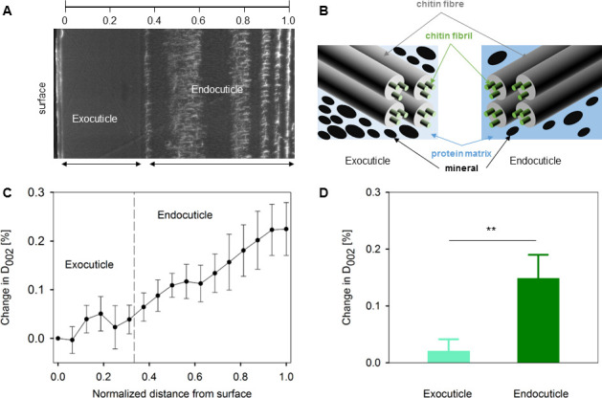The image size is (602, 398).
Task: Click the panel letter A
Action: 8,11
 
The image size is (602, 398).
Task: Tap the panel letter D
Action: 323,192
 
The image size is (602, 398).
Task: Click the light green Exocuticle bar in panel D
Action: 449,357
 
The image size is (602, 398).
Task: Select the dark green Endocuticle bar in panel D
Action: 538,321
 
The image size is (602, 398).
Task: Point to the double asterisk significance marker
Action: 491,230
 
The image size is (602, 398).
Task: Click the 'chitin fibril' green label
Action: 449,35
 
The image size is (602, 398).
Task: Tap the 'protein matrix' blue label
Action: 461,154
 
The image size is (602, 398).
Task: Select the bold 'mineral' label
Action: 461,168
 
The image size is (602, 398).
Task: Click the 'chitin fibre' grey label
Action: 440,4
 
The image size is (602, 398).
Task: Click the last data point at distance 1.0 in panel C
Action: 286,229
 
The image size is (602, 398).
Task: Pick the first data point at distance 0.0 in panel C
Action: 58,338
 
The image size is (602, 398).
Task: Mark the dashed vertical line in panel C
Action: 134,277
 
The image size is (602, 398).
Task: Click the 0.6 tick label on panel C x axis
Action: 195,377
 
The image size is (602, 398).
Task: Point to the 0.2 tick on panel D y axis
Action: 372,249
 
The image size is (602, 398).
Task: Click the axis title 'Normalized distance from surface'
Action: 172,393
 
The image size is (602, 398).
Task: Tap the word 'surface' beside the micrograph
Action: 42,99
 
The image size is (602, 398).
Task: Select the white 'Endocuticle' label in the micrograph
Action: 217,89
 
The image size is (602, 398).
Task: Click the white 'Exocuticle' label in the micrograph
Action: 95,119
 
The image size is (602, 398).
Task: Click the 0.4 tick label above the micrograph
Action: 154,20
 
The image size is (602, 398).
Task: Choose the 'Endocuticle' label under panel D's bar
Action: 541,393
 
